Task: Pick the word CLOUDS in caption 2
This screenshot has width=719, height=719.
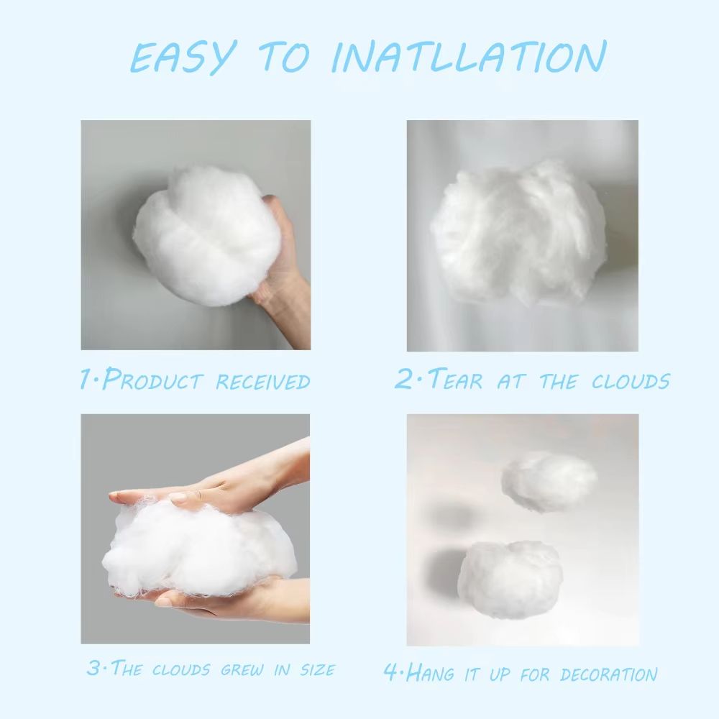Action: pos(631,380)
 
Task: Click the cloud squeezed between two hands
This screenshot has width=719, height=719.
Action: pos(198,550)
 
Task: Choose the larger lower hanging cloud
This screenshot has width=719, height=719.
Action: pos(509,580)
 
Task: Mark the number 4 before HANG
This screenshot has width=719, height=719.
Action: pos(390,674)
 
